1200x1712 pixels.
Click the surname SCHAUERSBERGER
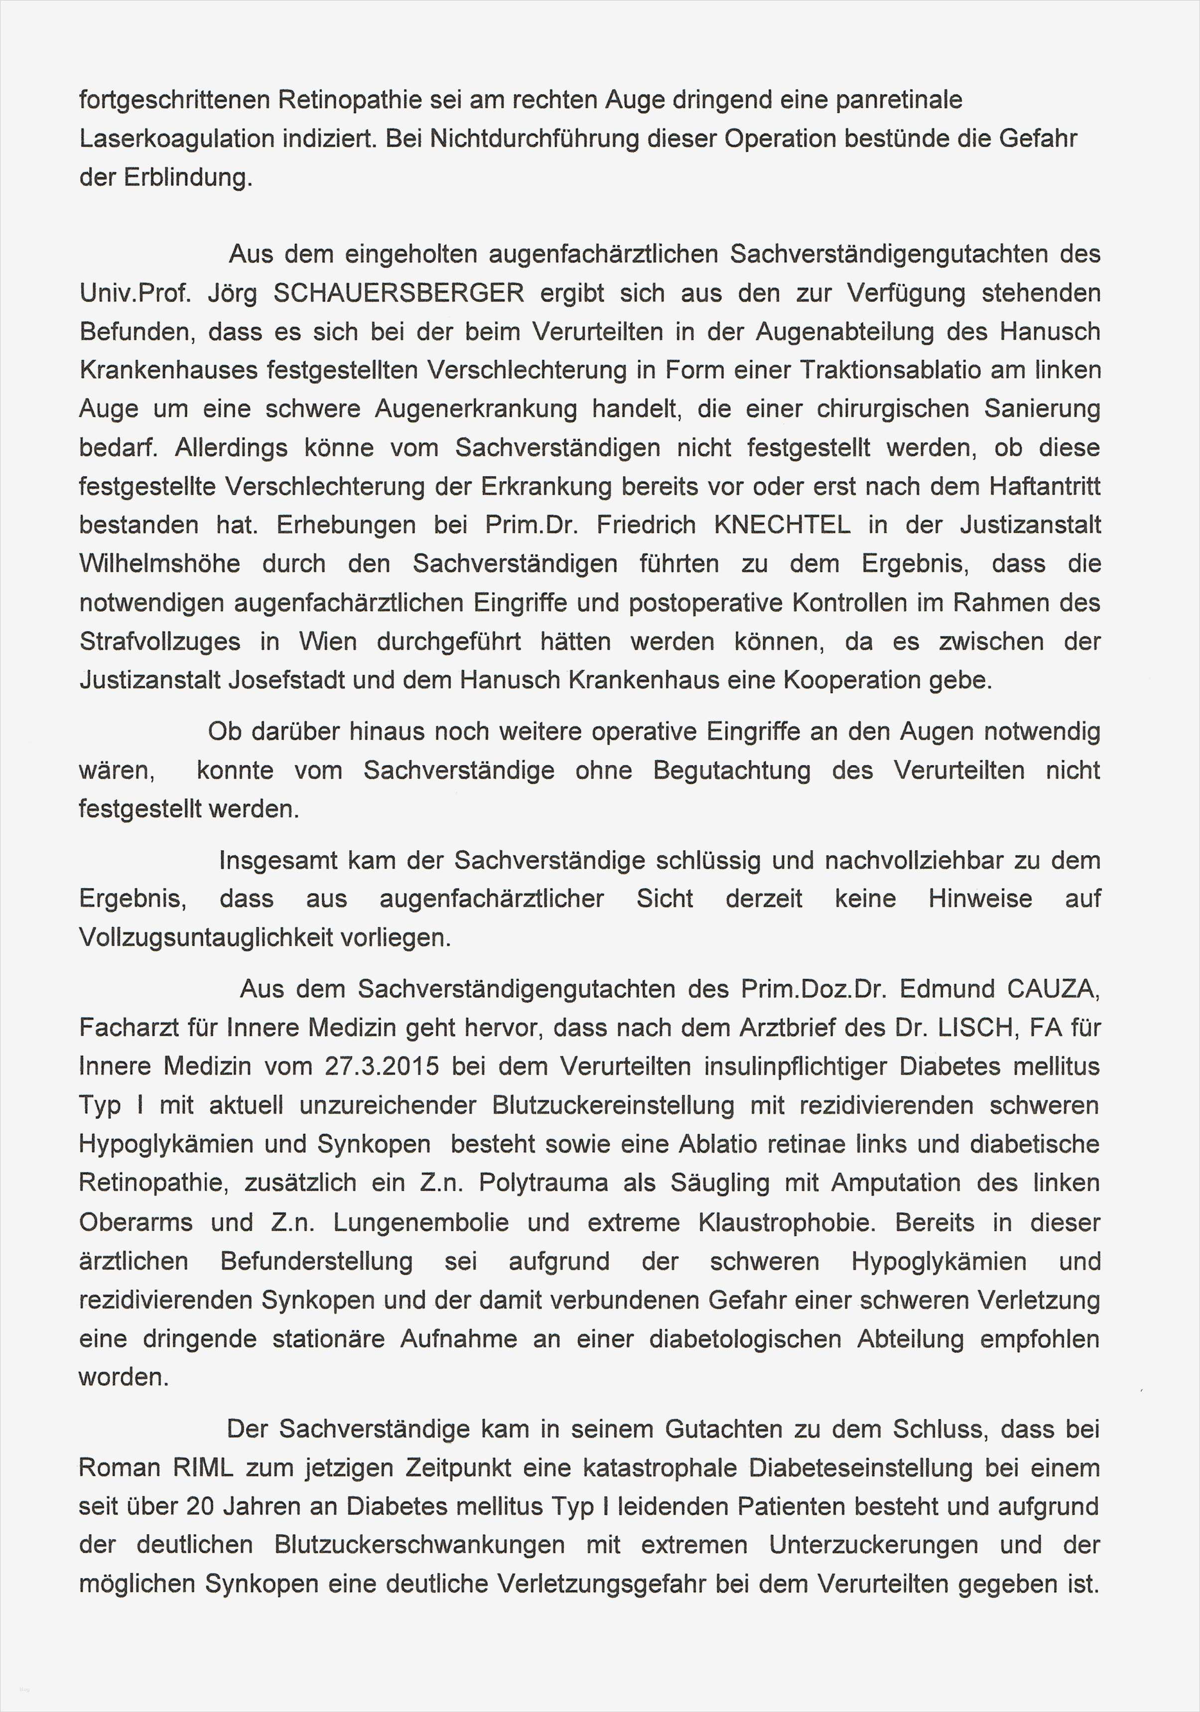[x=399, y=293]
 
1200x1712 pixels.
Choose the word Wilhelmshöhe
[x=159, y=564]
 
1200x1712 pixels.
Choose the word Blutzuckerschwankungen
[x=419, y=1545]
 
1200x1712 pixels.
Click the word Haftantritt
[x=1044, y=486]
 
